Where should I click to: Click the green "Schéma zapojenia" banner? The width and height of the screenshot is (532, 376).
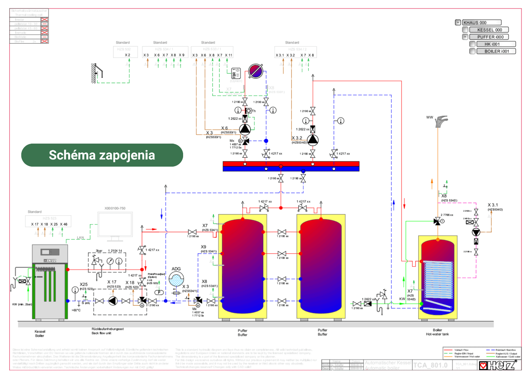click(102, 155)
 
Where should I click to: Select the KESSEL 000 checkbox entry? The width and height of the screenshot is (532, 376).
click(489, 30)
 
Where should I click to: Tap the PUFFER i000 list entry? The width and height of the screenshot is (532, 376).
click(490, 37)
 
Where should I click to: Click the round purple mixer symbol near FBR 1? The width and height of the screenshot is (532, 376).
click(255, 71)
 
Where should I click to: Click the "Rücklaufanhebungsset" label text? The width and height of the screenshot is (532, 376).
click(107, 329)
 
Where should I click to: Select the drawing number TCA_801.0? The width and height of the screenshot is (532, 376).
click(430, 365)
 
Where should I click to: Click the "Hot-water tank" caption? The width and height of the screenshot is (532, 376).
click(437, 334)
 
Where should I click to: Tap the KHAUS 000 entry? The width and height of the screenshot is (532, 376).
click(482, 23)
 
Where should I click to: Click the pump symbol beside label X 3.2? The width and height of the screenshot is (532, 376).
click(313, 140)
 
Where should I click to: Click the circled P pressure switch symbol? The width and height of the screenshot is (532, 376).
click(159, 292)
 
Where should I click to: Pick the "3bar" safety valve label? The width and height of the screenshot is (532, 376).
click(99, 251)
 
